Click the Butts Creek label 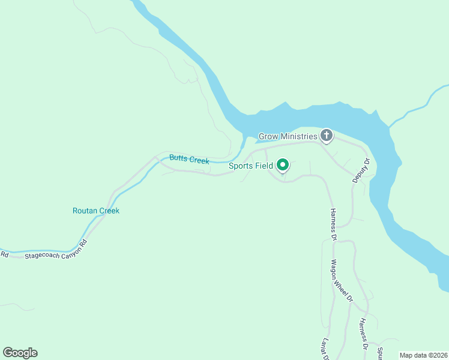(x=188, y=159)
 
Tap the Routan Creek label (x=95, y=211)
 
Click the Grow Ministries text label (x=288, y=136)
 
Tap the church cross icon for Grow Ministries (x=326, y=136)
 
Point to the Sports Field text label (x=250, y=166)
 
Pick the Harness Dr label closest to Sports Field (x=333, y=223)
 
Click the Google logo (x=20, y=353)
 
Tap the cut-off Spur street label (x=379, y=352)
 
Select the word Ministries (x=298, y=136)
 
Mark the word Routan (x=84, y=211)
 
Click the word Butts (x=178, y=158)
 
